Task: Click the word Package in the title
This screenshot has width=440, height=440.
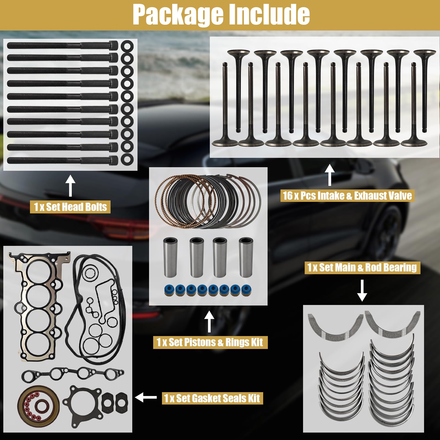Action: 178,15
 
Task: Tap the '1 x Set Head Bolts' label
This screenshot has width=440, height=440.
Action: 70,207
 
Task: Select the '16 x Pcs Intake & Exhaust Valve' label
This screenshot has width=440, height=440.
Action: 347,196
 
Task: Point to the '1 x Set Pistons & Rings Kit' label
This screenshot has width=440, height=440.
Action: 210,342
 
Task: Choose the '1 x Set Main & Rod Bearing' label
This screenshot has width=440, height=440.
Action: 362,268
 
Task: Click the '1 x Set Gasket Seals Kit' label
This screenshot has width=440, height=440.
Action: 212,398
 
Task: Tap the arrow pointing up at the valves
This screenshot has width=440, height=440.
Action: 329,175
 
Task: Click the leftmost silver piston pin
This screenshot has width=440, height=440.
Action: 170,257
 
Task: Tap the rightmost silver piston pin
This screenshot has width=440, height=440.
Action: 246,257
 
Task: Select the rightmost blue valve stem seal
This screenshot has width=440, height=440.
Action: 245,290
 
